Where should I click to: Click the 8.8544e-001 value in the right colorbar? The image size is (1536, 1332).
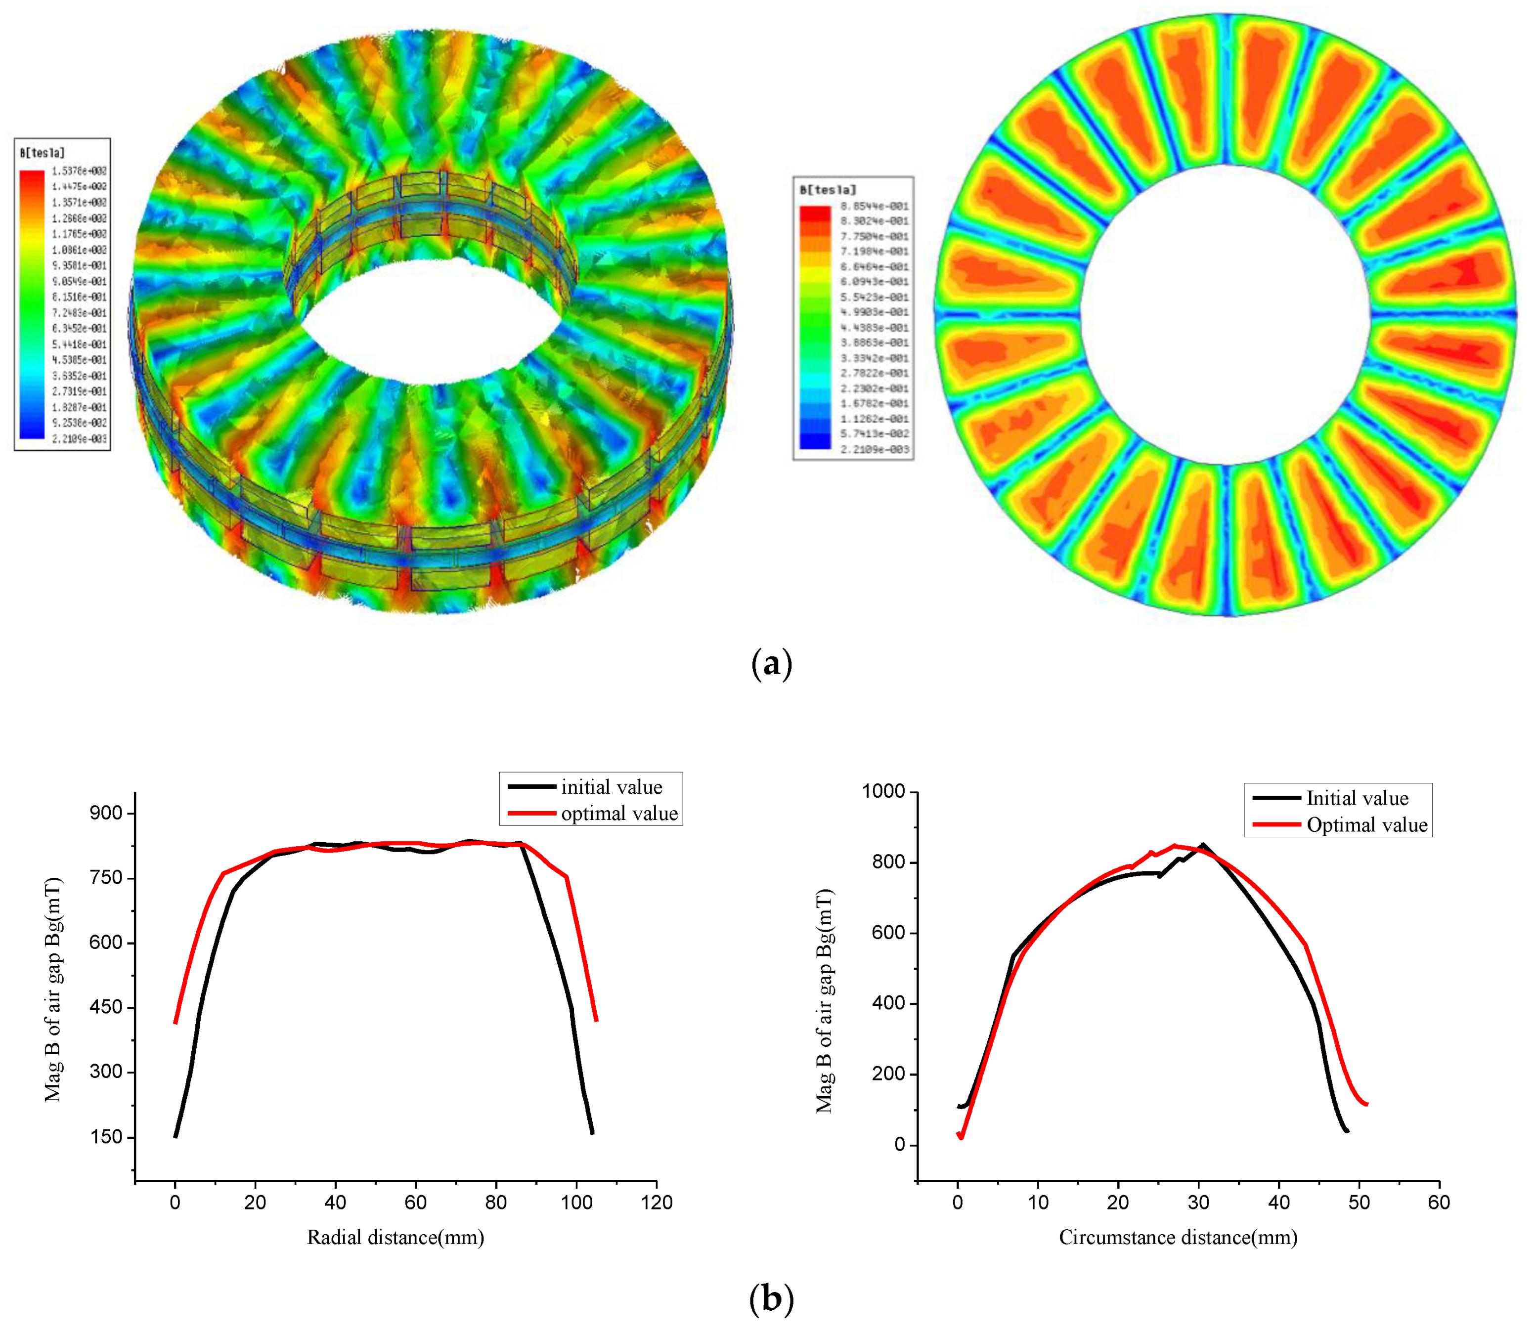(x=875, y=206)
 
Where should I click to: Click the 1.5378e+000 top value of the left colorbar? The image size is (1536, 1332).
(x=79, y=171)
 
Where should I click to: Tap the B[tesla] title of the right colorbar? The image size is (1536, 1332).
(x=828, y=190)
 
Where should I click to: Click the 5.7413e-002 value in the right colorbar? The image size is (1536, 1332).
(x=875, y=433)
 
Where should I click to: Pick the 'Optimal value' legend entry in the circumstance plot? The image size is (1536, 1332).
(x=1366, y=825)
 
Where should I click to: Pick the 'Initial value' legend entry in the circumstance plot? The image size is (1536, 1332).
(x=1357, y=798)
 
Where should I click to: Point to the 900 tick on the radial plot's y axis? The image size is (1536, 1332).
(x=106, y=813)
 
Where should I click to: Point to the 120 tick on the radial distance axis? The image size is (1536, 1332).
(x=657, y=1203)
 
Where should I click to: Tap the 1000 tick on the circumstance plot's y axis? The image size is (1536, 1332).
(x=883, y=792)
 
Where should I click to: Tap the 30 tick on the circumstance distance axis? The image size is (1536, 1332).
(x=1198, y=1203)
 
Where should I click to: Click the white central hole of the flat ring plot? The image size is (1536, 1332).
(x=1225, y=314)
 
